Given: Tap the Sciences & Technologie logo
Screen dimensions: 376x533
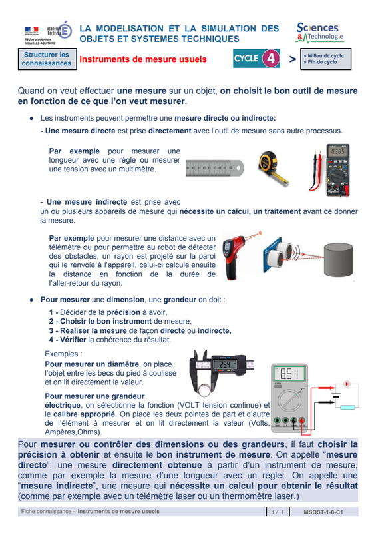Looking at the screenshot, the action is pos(319,33).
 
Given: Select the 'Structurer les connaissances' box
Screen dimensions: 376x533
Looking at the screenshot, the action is pos(47,59).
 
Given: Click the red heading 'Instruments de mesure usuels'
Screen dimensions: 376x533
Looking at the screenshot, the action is pos(143,59).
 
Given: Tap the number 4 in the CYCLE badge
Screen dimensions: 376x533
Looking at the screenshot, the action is pos(271,59).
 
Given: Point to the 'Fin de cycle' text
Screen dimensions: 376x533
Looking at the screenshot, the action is pos(322,62).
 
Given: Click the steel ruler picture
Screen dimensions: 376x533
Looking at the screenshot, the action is pos(215,168).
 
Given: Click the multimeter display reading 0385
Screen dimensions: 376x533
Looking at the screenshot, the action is pos(338,151).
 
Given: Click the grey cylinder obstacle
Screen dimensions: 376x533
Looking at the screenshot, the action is pos(338,259).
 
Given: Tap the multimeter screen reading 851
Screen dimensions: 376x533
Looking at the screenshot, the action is pos(289,374).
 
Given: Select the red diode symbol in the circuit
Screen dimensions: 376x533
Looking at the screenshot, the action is pos(347,384).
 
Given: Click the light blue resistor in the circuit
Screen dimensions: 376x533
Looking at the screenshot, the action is pos(347,407).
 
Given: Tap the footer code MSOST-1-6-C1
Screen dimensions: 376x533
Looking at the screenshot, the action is pos(323,512).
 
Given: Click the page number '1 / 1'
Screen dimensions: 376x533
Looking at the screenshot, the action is pos(278,512).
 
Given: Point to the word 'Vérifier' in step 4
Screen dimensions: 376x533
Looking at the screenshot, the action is pos(73,340).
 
